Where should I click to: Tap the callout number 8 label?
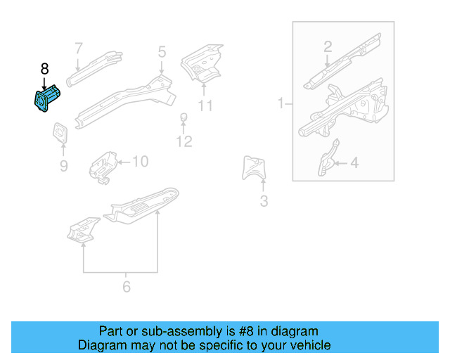pos(45,69)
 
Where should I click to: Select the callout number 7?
pos(79,48)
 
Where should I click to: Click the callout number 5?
pos(162,51)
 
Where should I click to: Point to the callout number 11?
pos(205,106)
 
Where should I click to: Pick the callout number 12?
pos(184,142)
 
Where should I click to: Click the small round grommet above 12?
pos(184,117)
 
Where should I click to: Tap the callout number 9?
pos(63,166)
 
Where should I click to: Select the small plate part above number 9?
pos(60,134)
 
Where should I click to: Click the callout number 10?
pos(140,162)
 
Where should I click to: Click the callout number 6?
pos(127,286)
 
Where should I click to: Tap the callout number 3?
pos(264,202)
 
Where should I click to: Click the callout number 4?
pos(354,163)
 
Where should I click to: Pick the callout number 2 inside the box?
pos(328,47)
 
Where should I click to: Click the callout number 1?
pos(281,103)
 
